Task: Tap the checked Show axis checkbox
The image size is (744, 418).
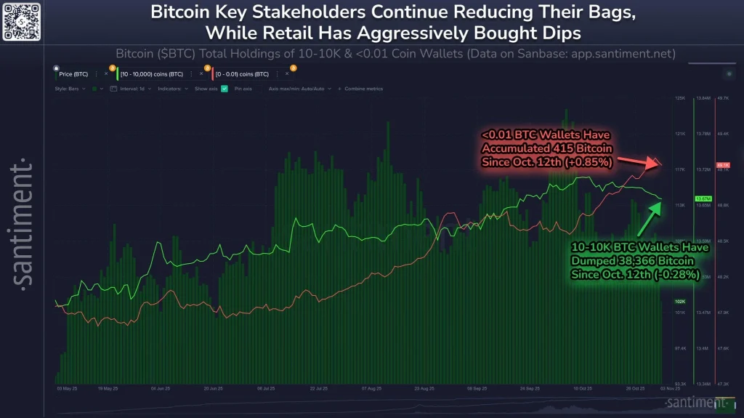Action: click(225, 89)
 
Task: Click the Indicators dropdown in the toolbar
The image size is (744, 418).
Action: click(174, 89)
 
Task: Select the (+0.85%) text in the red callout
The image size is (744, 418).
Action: click(587, 161)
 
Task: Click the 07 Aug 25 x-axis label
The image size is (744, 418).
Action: click(371, 389)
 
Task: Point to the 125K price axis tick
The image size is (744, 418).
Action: click(680, 97)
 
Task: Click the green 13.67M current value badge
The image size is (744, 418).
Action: click(703, 198)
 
